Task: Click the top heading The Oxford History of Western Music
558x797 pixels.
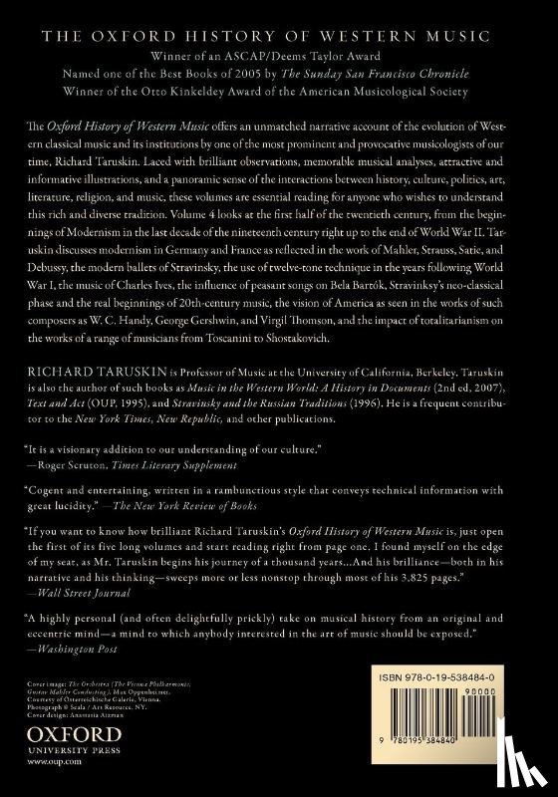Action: click(278, 36)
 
